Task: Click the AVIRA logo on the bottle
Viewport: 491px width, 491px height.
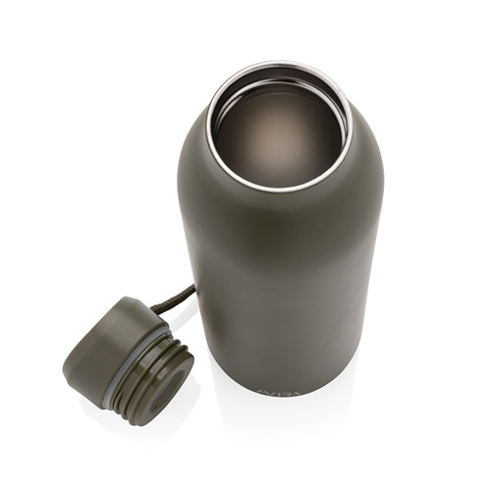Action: (x=283, y=391)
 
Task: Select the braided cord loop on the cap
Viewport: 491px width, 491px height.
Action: (x=178, y=296)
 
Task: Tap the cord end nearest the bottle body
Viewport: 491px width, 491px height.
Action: (x=191, y=287)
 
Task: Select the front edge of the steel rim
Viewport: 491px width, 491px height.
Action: (x=280, y=188)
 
